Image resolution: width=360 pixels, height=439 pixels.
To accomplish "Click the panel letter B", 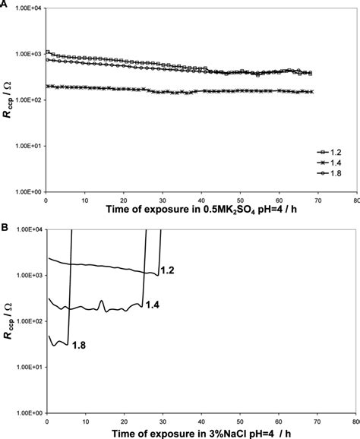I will (5, 226).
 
